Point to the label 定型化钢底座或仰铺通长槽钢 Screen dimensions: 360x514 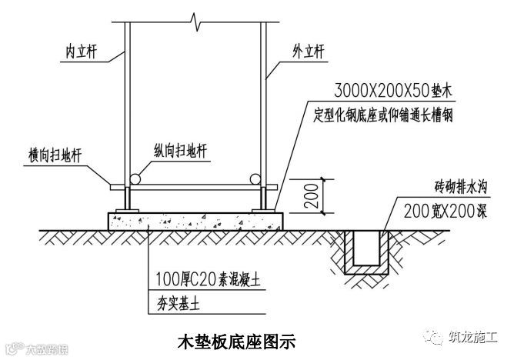pos(383,115)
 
